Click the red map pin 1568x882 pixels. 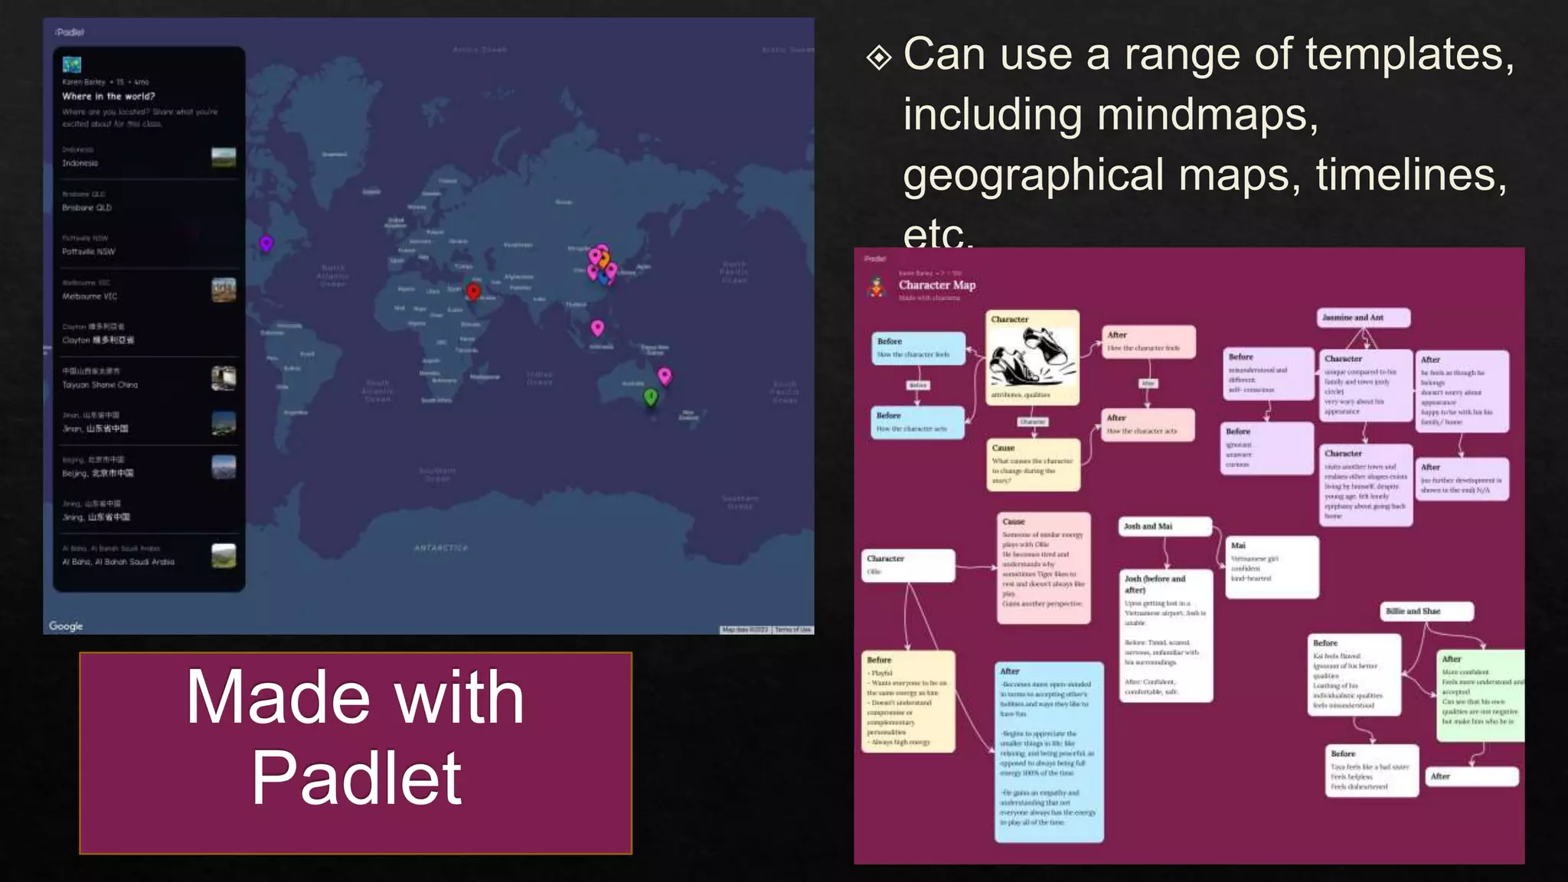473,291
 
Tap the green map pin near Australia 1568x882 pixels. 651,397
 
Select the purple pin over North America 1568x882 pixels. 266,243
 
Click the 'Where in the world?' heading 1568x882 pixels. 109,96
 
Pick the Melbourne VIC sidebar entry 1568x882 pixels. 90,296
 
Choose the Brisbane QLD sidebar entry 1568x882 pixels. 87,207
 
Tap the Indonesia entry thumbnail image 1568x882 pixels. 224,157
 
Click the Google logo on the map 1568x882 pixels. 66,626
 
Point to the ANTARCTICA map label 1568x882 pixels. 441,548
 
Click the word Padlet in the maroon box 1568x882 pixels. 356,778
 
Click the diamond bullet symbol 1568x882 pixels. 879,57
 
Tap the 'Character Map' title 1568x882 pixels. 937,285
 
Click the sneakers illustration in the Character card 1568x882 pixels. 1032,356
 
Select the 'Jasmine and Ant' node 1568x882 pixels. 1364,318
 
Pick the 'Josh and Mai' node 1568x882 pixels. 1164,527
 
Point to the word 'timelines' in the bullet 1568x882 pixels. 1411,175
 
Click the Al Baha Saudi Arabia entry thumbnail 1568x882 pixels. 224,555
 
